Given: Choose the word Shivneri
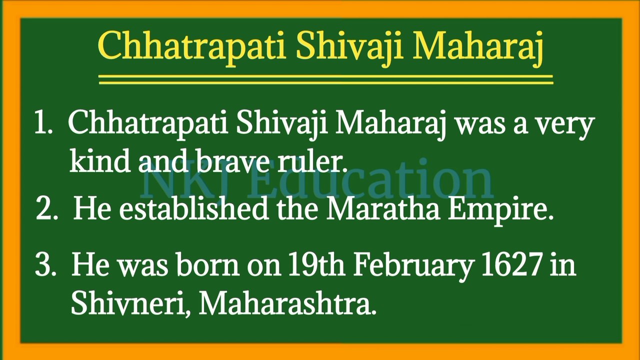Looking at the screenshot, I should [x=130, y=302].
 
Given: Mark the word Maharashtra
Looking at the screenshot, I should [x=287, y=302].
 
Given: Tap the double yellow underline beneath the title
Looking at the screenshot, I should [x=325, y=79].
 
